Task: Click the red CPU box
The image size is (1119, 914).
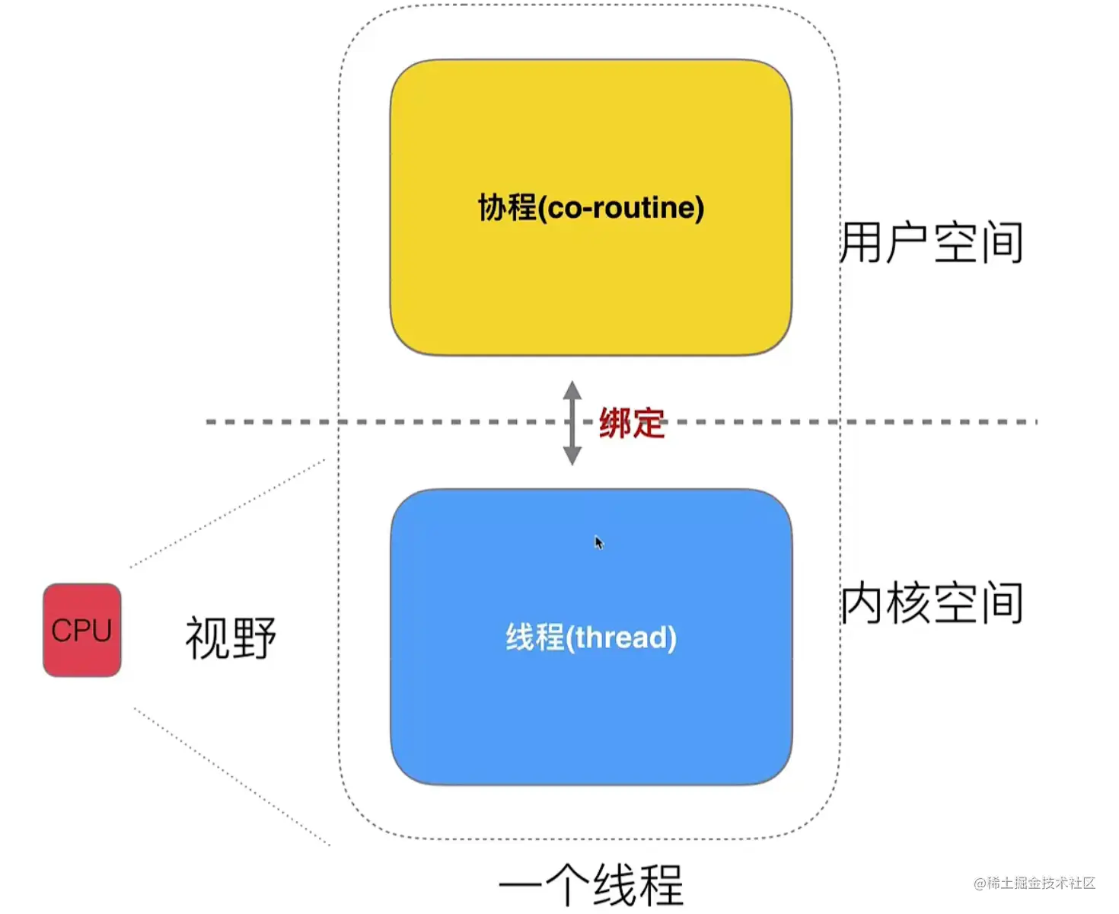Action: [82, 630]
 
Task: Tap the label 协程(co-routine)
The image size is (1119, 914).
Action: [591, 207]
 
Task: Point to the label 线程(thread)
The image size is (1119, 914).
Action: [591, 637]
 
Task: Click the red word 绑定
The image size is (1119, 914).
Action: [631, 423]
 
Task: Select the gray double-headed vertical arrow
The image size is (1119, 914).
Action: [572, 423]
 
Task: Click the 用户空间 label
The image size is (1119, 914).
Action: [931, 242]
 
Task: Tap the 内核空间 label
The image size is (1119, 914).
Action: [931, 602]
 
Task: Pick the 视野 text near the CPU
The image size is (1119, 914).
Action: [231, 638]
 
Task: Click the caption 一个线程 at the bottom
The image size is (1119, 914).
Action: [591, 885]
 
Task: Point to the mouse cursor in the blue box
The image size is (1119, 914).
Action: [598, 542]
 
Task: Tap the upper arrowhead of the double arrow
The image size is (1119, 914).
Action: [572, 390]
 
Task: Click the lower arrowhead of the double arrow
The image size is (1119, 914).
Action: [572, 455]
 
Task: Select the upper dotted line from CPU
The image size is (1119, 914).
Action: [228, 513]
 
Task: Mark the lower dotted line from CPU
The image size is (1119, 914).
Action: [232, 776]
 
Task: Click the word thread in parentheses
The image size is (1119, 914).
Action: [621, 638]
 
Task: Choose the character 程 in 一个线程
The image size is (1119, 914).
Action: [660, 885]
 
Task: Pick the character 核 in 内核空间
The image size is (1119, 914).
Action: [908, 602]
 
